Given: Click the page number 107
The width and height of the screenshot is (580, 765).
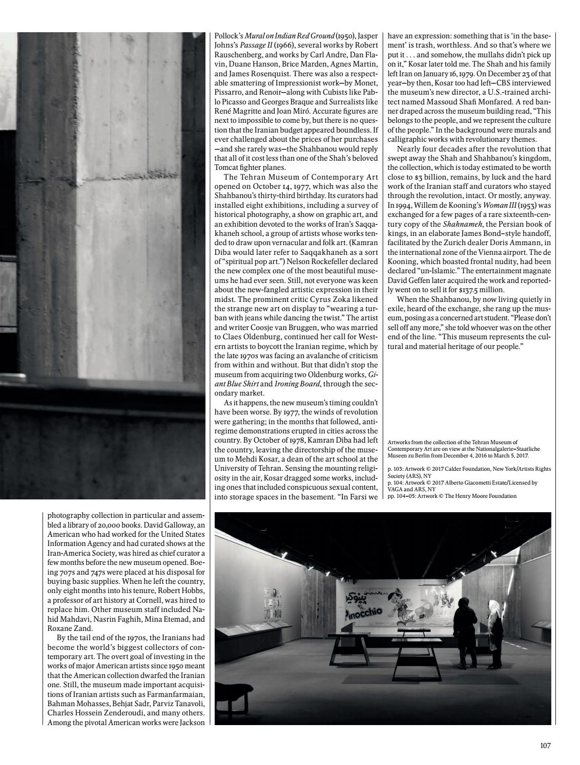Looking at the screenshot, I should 545,746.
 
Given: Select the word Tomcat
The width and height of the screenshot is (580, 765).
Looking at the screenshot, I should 228,167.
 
